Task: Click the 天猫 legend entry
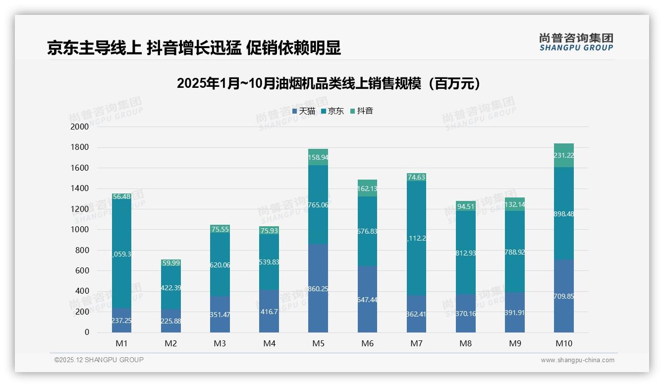(x=304, y=111)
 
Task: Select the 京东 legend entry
(x=332, y=111)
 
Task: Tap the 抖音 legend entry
(x=362, y=111)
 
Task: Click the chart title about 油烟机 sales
(x=329, y=83)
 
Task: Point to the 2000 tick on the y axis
(x=80, y=127)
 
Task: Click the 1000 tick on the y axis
(x=80, y=230)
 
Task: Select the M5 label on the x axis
(x=318, y=343)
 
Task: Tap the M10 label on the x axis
(x=564, y=343)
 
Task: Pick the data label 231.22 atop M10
(x=564, y=156)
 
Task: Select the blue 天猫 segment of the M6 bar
(x=367, y=299)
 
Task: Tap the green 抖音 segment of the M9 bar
(x=515, y=204)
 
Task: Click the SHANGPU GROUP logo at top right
(x=576, y=42)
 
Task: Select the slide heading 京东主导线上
(x=194, y=48)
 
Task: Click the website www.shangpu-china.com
(x=577, y=360)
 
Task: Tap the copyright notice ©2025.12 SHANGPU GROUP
(x=99, y=360)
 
